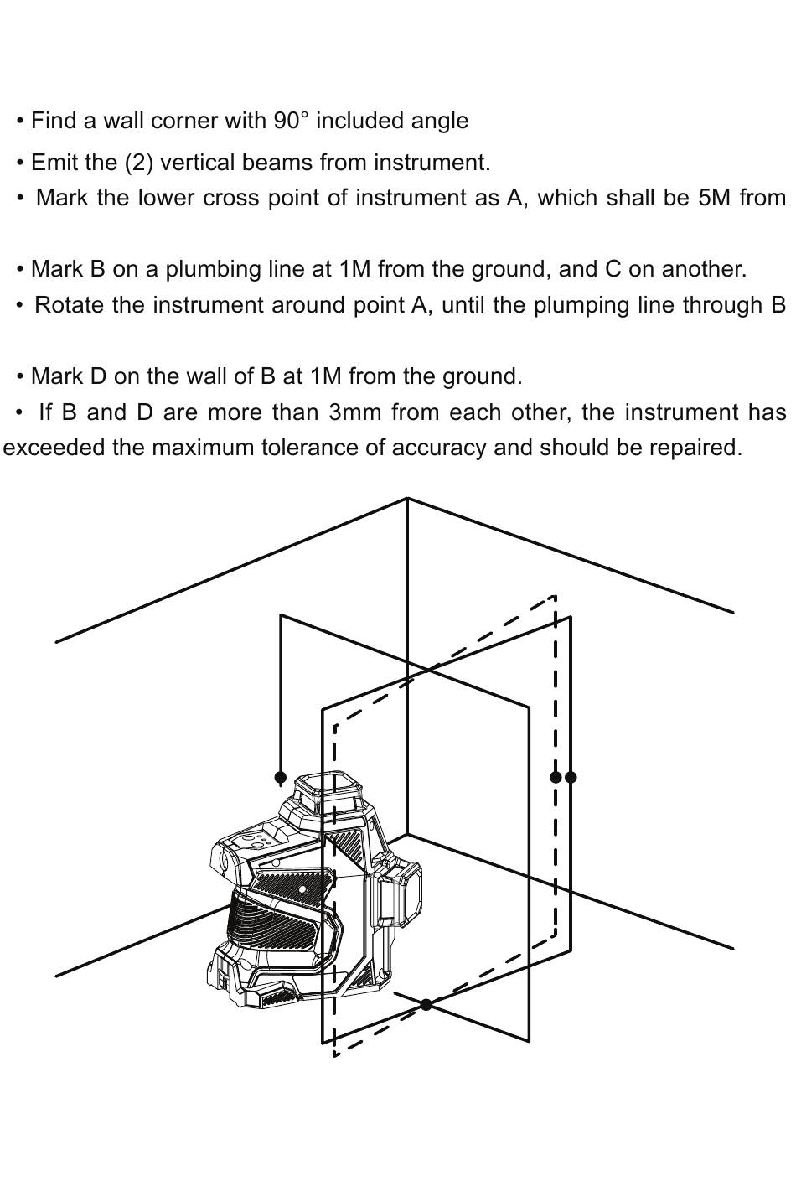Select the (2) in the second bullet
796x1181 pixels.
139,163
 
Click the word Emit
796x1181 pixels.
52,163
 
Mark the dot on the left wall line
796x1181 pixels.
281,777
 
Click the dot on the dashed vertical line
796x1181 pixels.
555,777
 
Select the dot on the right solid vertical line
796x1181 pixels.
571,777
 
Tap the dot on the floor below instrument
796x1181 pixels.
426,1003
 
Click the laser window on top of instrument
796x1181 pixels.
330,790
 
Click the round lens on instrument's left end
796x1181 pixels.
225,862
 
